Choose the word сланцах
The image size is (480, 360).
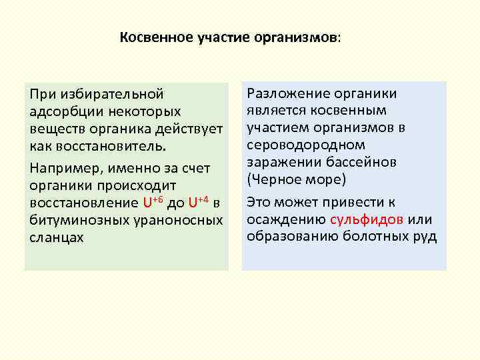57,237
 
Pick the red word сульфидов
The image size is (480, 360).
366,219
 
